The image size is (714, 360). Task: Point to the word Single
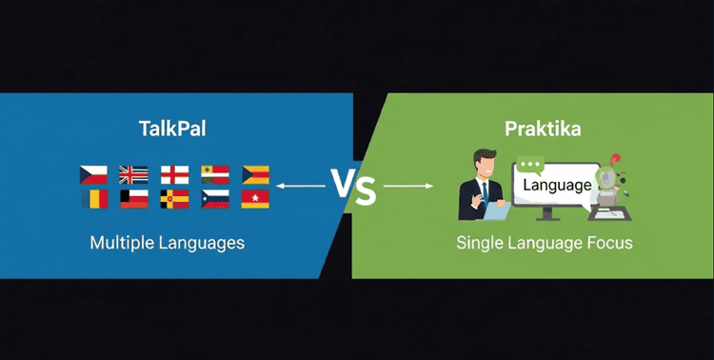tap(478, 243)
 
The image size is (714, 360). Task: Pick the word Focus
tap(609, 243)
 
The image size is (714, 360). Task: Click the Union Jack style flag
tap(133, 174)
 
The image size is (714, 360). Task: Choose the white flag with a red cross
tap(175, 174)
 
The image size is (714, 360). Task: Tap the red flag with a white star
tap(255, 198)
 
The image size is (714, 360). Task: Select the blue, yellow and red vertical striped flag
tap(93, 199)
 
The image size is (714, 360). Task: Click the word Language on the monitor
tap(556, 186)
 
